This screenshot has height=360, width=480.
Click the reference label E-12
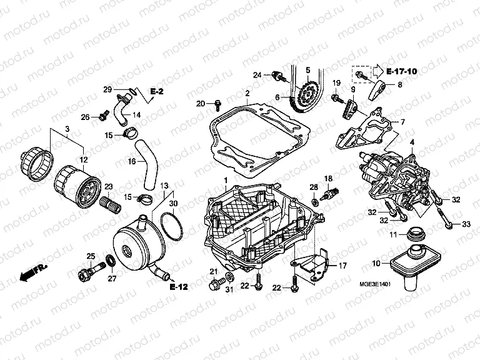pos(178,287)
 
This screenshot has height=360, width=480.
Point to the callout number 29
pos(107,89)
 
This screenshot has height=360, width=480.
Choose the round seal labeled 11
pos(415,236)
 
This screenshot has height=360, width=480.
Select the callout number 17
pos(342,265)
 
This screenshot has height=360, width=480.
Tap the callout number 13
pos(163,186)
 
